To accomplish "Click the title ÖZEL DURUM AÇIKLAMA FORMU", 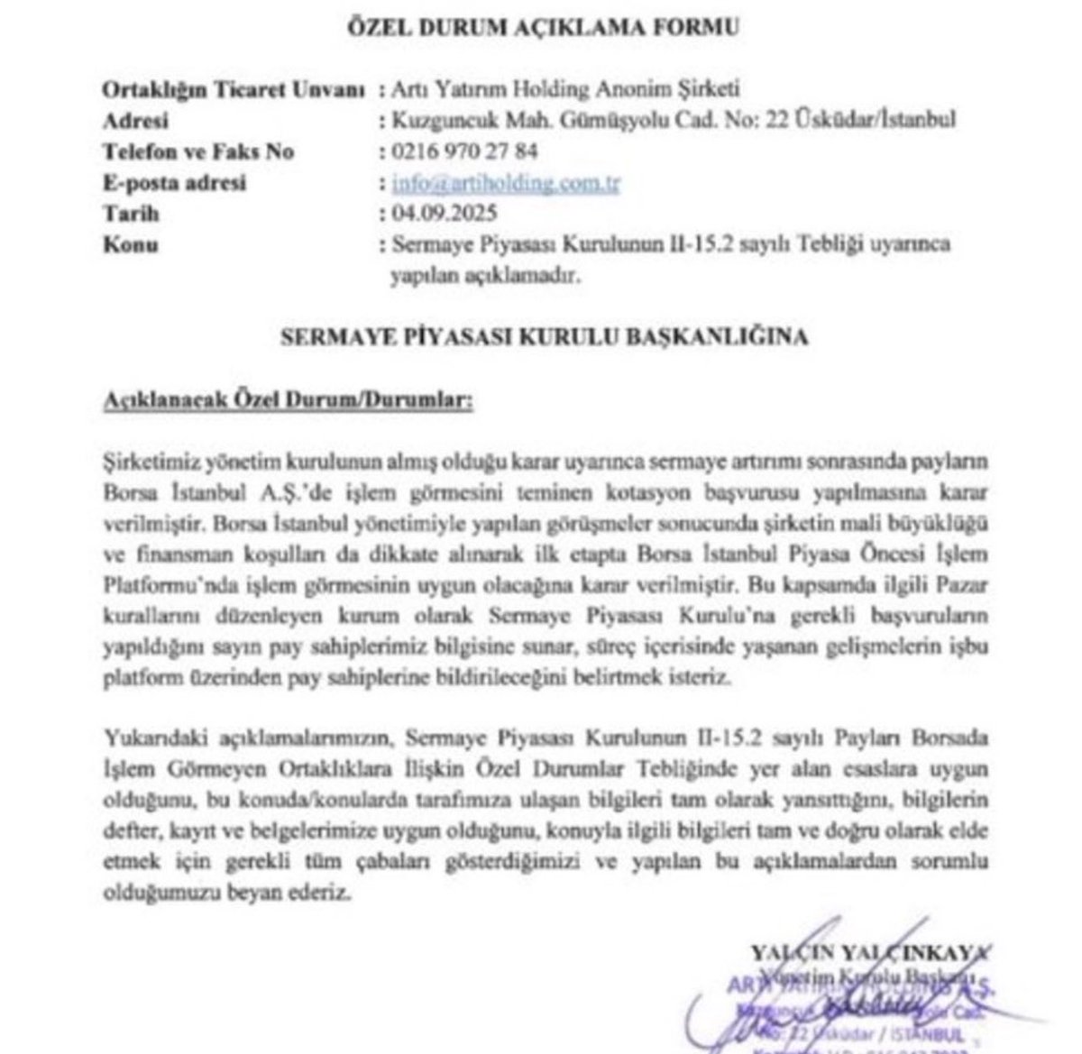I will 543,26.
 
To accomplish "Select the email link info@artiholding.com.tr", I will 507,183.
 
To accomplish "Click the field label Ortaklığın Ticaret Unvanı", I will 234,90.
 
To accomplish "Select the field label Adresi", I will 135,121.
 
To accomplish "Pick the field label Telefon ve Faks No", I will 198,151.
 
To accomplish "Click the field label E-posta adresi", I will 175,183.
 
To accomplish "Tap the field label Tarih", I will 132,214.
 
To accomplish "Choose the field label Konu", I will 132,244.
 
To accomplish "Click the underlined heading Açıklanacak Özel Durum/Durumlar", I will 288,399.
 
